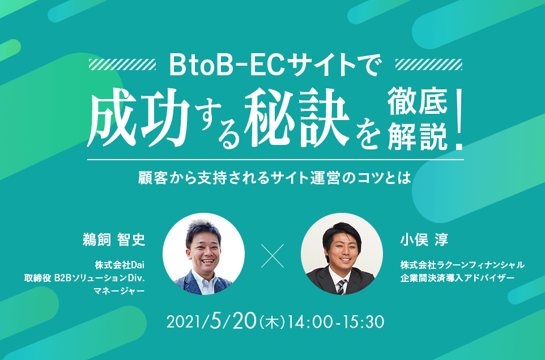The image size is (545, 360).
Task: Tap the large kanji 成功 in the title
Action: tap(138, 117)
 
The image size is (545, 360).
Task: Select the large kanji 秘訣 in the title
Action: tap(296, 117)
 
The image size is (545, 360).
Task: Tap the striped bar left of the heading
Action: tap(122, 65)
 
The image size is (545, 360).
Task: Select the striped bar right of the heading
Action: tap(429, 65)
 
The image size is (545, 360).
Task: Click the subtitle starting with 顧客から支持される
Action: tap(275, 177)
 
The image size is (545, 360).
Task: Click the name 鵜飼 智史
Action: tap(114, 239)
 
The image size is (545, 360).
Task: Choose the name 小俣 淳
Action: tap(424, 239)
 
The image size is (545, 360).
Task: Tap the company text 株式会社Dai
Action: tap(120, 265)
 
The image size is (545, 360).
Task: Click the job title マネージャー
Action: tap(119, 290)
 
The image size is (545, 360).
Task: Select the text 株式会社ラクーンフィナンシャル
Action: tap(462, 265)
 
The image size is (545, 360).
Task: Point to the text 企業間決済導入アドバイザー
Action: tap(457, 278)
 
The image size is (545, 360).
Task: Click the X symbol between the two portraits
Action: tap(272, 256)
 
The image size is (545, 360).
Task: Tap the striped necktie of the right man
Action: tap(342, 287)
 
